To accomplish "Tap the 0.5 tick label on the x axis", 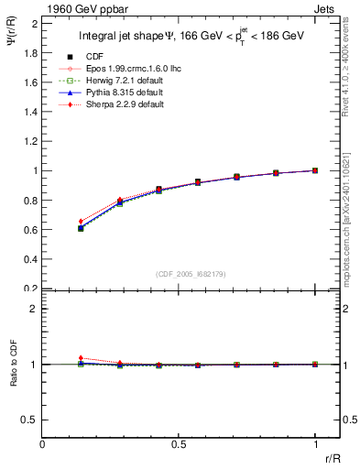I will pos(179,444).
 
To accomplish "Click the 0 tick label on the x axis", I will pos(43,444).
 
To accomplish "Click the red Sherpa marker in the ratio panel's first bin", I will pos(82,358).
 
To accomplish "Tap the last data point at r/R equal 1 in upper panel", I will pos(315,170).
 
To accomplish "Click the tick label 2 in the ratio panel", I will pos(35,309).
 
